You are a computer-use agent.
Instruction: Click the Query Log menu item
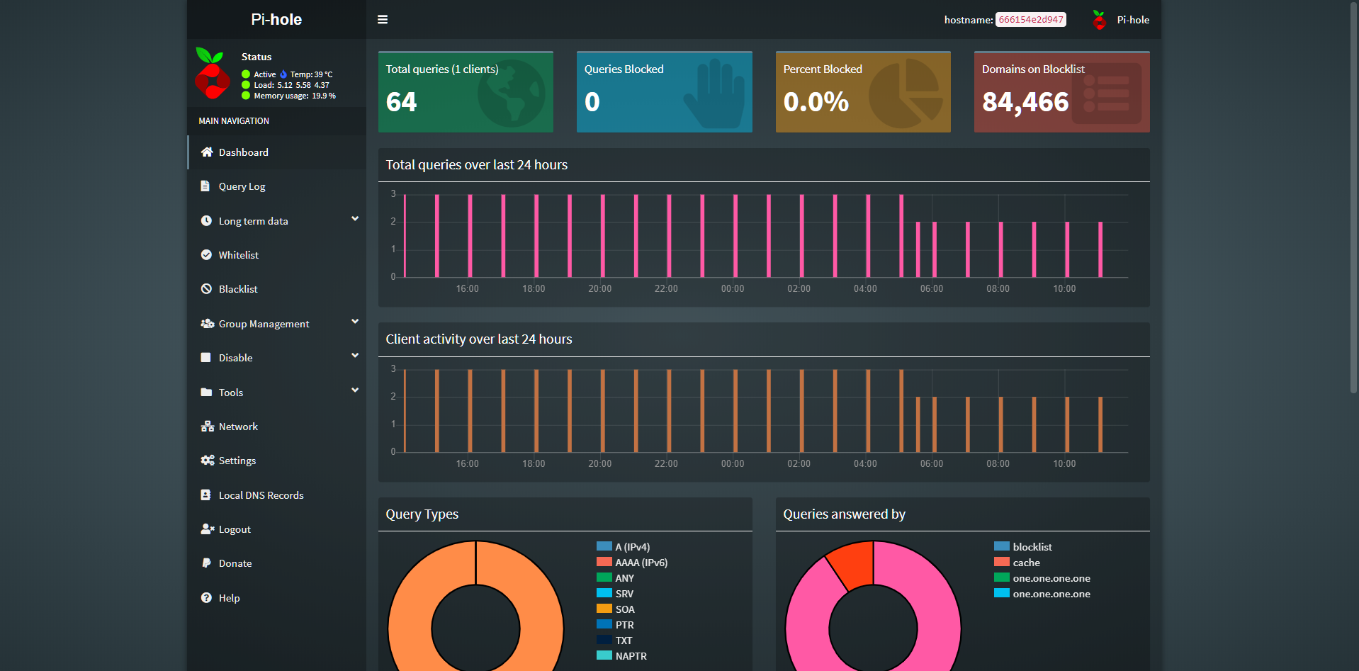[242, 186]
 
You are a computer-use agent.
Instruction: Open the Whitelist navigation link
[238, 255]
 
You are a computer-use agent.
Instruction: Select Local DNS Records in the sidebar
[261, 495]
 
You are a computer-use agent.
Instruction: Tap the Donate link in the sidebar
[235, 563]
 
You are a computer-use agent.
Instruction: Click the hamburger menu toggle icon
[383, 20]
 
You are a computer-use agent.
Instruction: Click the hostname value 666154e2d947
[1030, 20]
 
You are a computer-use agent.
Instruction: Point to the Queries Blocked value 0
[592, 102]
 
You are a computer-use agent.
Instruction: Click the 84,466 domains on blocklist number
[1025, 102]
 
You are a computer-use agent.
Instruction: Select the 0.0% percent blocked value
[816, 102]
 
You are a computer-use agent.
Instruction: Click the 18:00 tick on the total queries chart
[534, 289]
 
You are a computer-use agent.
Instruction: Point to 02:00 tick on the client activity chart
[799, 464]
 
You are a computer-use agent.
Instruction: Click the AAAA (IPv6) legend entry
[641, 563]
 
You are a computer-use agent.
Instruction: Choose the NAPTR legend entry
[631, 656]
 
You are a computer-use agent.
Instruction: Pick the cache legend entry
[1026, 563]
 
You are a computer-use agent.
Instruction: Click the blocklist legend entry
[1032, 547]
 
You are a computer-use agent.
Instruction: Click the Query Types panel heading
[422, 514]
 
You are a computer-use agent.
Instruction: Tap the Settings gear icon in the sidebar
[207, 461]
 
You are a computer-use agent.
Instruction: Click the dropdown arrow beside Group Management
[355, 322]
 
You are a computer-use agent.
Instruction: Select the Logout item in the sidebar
[235, 529]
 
